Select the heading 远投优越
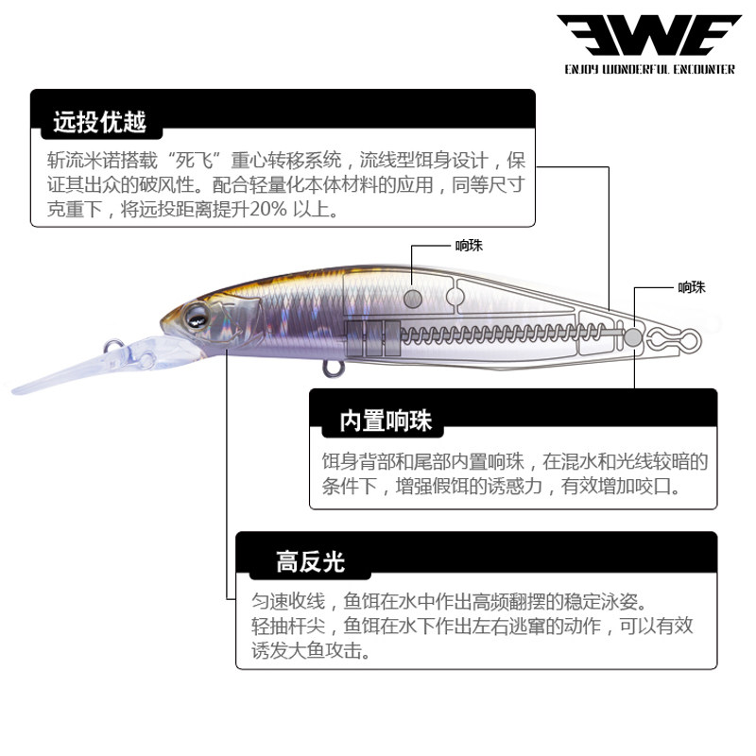coord(100,122)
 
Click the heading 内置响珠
coord(385,421)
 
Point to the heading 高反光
coord(310,562)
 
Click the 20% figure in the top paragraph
coord(266,208)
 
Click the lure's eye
coord(198,316)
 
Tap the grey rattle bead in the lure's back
coord(413,298)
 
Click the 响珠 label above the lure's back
coord(469,246)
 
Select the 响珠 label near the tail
coord(692,287)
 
